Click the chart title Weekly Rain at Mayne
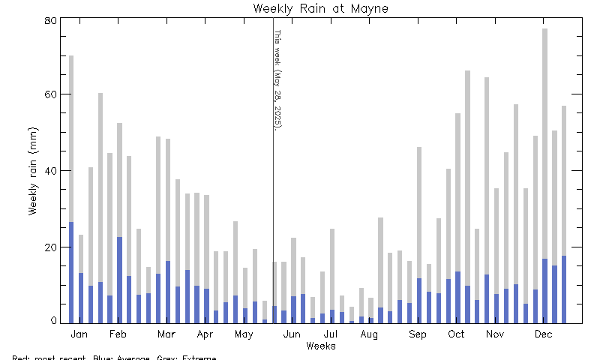pyautogui.click(x=320, y=9)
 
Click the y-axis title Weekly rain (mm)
pyautogui.click(x=34, y=170)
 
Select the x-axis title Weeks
pyautogui.click(x=320, y=346)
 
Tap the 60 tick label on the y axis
pyautogui.click(x=50, y=94)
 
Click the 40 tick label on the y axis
pyautogui.click(x=50, y=170)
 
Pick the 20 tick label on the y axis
pyautogui.click(x=50, y=247)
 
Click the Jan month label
pyautogui.click(x=79, y=334)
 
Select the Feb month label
pyautogui.click(x=118, y=334)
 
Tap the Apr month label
pyautogui.click(x=205, y=334)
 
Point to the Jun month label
pyautogui.click(x=292, y=334)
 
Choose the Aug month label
pyautogui.click(x=369, y=334)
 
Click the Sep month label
pyautogui.click(x=417, y=334)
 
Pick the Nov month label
pyautogui.click(x=494, y=334)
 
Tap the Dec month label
pyautogui.click(x=544, y=334)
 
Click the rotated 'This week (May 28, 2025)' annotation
pyautogui.click(x=277, y=79)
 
